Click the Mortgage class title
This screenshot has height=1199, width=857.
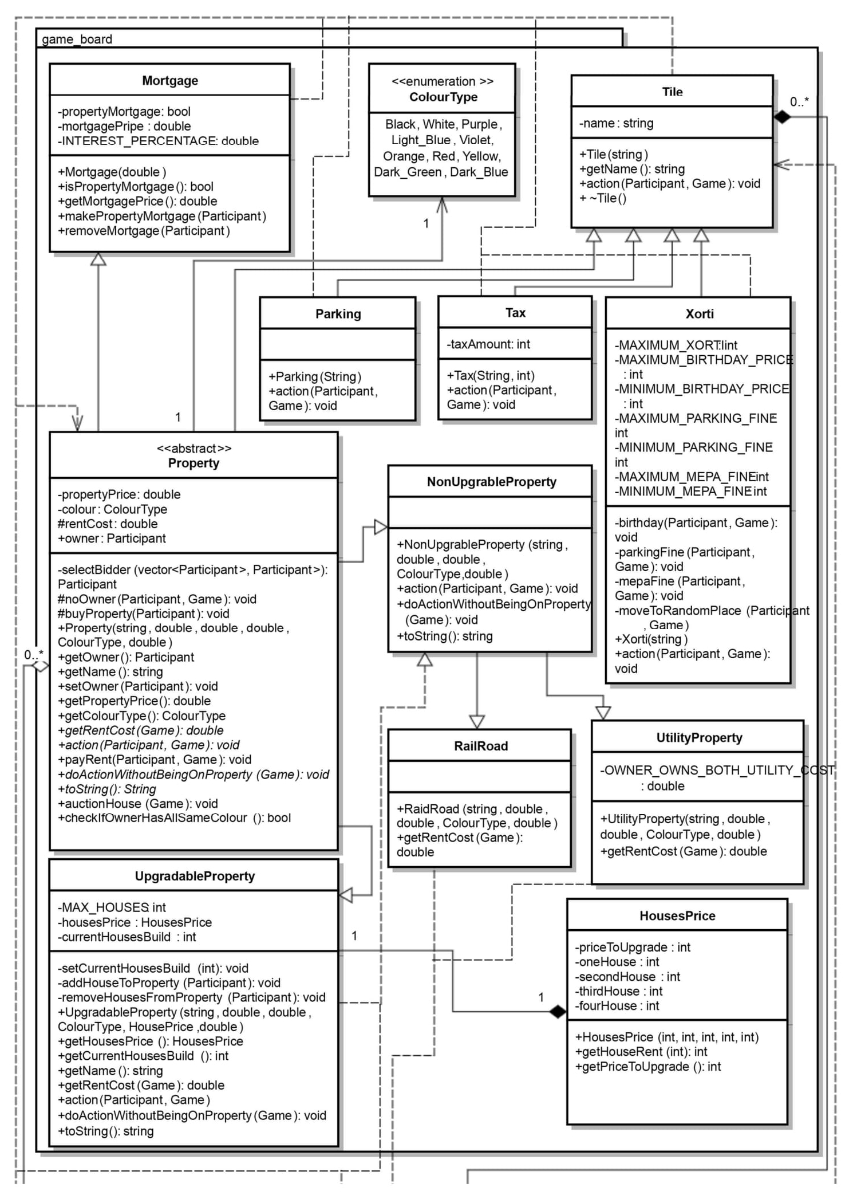(170, 81)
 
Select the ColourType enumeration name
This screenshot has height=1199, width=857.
(443, 97)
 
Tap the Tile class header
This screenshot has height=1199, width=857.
(672, 92)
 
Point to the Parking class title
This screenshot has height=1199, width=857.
(338, 314)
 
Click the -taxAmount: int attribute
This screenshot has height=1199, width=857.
(488, 344)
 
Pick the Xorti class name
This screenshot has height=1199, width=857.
(700, 314)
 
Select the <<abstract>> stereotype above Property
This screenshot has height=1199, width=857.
(194, 449)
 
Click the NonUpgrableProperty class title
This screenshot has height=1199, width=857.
(491, 482)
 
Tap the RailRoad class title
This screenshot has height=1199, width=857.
(481, 746)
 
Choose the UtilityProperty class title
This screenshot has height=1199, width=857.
(699, 738)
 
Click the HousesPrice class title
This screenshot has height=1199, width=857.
(677, 916)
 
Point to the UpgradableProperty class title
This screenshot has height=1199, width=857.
(195, 876)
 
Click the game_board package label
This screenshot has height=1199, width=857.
(77, 40)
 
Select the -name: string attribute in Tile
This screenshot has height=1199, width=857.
(616, 123)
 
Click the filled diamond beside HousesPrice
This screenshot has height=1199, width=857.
(557, 1012)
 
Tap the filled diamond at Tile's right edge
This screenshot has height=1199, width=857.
(782, 117)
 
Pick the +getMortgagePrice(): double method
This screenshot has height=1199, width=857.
(137, 202)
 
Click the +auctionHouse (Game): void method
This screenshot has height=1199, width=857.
(137, 804)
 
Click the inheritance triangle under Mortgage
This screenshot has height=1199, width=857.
(98, 260)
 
